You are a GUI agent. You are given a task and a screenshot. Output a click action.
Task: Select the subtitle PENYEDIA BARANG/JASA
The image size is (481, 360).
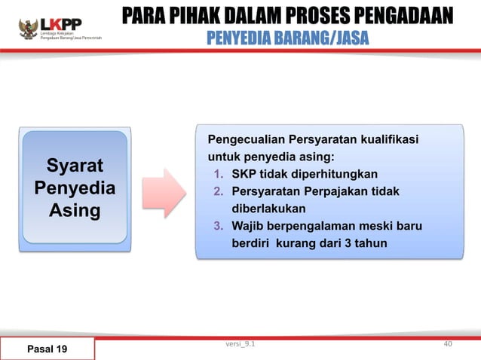click(288, 37)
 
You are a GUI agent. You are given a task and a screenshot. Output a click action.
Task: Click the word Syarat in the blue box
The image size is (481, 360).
click(75, 165)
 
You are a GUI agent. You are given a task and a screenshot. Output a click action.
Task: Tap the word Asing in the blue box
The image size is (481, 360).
click(75, 210)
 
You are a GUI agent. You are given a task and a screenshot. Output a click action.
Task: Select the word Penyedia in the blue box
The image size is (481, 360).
click(75, 188)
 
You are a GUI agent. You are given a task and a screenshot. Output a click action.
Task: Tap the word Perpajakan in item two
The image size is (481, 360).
click(336, 192)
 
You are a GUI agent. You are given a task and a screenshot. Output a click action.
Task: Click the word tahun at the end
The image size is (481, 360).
click(369, 243)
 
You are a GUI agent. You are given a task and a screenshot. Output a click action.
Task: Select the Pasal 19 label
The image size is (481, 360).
click(47, 349)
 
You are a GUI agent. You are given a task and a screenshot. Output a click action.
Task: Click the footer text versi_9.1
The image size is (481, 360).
click(240, 344)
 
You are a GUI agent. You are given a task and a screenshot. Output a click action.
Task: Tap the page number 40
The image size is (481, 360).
click(448, 344)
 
